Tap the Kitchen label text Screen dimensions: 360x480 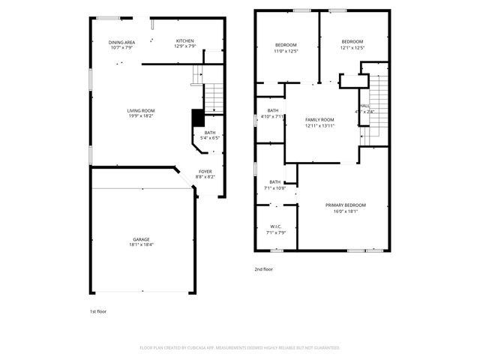185,40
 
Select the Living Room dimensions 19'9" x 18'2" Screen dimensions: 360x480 140,115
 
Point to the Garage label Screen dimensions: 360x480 141,239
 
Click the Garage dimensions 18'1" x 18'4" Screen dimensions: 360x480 141,244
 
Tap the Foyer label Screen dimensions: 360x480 205,172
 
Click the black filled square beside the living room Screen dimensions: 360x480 198,118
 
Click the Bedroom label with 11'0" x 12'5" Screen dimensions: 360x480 286,45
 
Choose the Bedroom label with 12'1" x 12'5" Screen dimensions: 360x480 352,41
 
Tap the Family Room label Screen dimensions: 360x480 319,120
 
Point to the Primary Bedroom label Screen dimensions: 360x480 345,205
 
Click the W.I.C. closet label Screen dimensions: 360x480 275,226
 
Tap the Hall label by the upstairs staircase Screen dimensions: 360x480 365,106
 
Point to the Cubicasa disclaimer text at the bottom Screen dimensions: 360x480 240,347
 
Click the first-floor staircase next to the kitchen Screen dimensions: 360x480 213,95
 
